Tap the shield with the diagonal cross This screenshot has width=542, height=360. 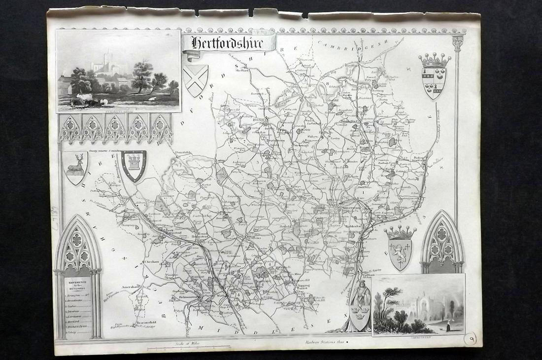pyautogui.click(x=195, y=79)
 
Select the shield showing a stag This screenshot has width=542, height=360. pyautogui.click(x=75, y=167)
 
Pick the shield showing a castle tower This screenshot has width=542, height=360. pyautogui.click(x=134, y=165)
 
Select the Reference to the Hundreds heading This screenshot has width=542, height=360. pyautogui.click(x=77, y=288)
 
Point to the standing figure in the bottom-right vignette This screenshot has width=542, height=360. pyautogui.click(x=449, y=324)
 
